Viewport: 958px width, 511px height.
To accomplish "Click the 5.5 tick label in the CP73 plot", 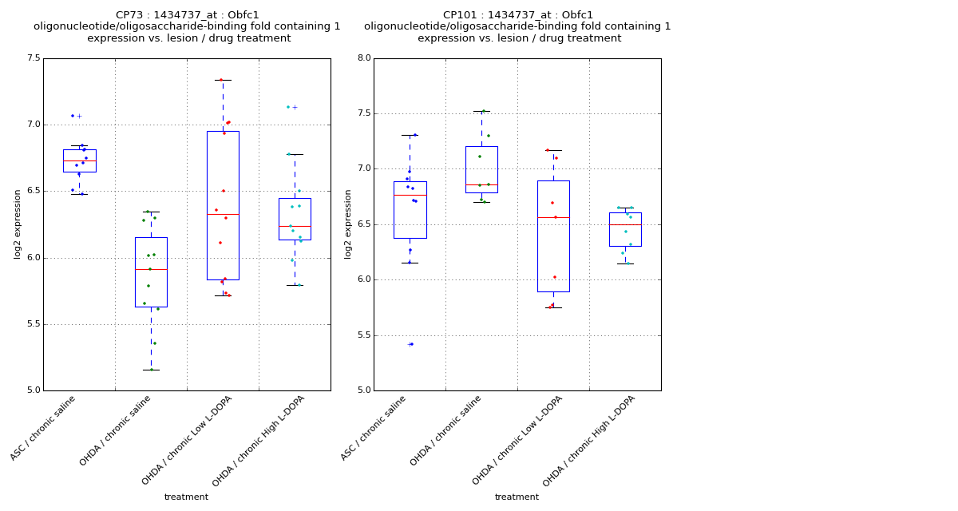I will click(33, 324).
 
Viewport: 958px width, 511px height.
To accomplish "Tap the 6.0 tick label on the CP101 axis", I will click(363, 279).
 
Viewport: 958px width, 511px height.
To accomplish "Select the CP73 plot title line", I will click(187, 15).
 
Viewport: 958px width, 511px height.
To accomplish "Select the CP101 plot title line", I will click(518, 15).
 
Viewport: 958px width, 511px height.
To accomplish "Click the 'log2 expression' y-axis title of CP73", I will click(18, 224).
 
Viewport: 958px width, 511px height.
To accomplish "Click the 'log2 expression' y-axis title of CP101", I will click(348, 224).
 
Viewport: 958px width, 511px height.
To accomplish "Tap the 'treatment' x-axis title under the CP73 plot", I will click(186, 497).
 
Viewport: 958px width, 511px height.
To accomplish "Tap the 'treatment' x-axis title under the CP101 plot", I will click(517, 497).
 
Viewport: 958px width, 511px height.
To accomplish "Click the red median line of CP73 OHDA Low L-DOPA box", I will click(223, 214).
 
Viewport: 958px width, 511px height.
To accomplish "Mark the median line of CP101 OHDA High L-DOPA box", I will click(625, 224).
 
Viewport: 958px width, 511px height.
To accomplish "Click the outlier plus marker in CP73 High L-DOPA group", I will click(295, 107).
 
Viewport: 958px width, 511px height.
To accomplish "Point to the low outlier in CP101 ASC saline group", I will click(410, 344).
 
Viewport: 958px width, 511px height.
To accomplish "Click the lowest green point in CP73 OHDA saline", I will click(151, 369).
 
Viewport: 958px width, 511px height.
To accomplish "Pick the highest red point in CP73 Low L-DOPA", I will click(221, 80).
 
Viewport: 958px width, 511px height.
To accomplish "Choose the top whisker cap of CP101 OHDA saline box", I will click(481, 111).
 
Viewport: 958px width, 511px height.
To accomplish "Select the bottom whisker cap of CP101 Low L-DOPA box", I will click(553, 307).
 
